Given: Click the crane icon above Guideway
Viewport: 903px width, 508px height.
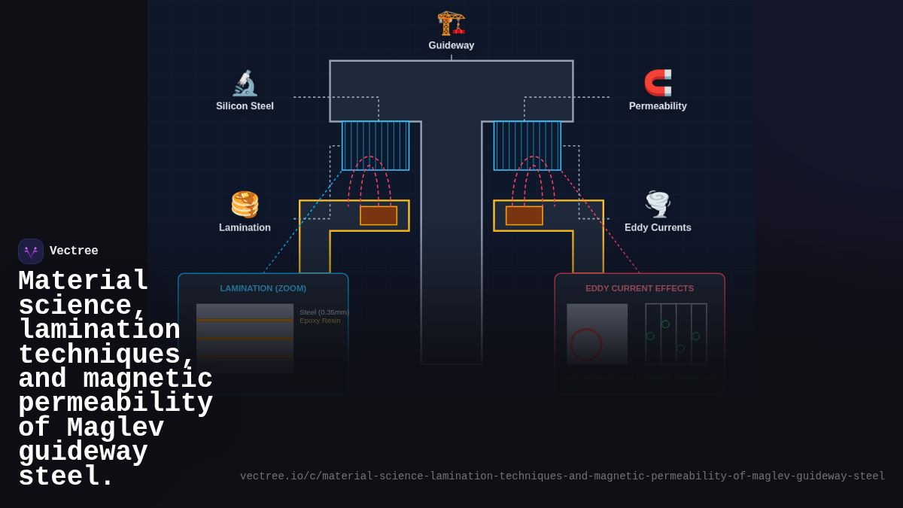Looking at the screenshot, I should coord(451,23).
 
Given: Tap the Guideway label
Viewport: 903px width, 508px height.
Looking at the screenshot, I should coord(451,45).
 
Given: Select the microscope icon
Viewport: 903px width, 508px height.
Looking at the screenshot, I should coord(245,83).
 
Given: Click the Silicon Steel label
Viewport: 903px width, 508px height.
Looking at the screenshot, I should coord(245,106).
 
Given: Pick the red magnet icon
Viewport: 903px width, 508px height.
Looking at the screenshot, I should coord(658,83).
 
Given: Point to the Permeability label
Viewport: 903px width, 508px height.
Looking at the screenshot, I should coord(658,106).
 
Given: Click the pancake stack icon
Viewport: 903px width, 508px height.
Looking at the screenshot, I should coord(245,204).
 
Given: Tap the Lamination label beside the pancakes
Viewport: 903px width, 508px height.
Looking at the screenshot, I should coord(245,227).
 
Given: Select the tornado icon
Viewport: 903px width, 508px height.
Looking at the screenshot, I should coord(658,204).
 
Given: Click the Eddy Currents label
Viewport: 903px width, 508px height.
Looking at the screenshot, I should coord(658,227).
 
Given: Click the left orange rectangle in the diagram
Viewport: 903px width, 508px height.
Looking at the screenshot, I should coord(379,215).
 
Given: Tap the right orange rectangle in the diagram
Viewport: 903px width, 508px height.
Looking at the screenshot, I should coord(524,215).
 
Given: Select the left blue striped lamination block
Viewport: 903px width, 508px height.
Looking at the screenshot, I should coord(375,145).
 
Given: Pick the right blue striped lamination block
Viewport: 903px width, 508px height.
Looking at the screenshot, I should coord(527,145).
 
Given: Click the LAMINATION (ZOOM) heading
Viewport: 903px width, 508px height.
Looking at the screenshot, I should coord(263,288).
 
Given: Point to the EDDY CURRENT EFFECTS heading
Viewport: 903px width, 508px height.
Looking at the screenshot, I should coord(640,288).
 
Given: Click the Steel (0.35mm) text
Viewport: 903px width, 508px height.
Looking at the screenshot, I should coord(324,312).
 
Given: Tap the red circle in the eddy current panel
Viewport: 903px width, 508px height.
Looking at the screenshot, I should coord(586,344).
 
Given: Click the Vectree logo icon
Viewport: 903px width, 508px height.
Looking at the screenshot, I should coord(31,251).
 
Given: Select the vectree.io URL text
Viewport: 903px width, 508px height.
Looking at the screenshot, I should coord(562,476).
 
